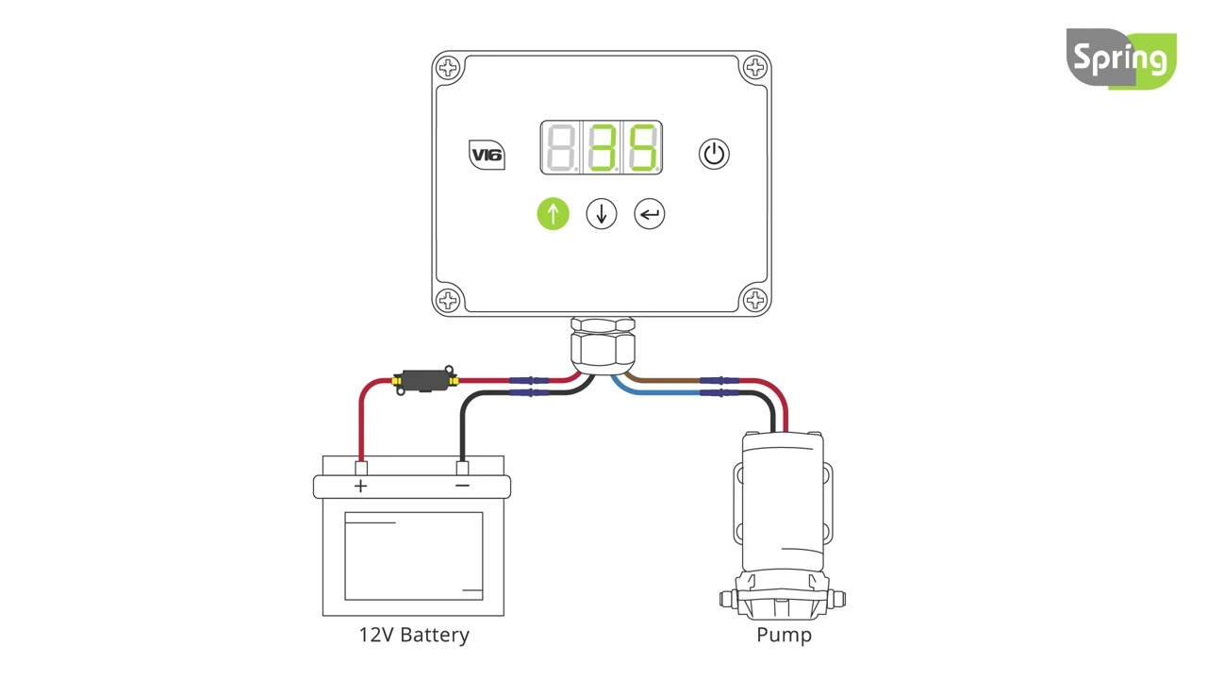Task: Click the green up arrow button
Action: pyautogui.click(x=554, y=214)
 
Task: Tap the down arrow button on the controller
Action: pyautogui.click(x=602, y=214)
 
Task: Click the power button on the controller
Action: pyautogui.click(x=714, y=154)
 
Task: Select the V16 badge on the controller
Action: pyautogui.click(x=487, y=155)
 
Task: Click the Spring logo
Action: pyautogui.click(x=1121, y=59)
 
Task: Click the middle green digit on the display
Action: pyautogui.click(x=602, y=148)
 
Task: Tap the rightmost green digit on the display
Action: pyautogui.click(x=642, y=148)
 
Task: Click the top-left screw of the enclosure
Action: pyautogui.click(x=449, y=68)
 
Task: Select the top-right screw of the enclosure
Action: pyautogui.click(x=754, y=68)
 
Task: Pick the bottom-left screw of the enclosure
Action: pyautogui.click(x=449, y=300)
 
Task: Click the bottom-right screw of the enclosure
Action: pyautogui.click(x=754, y=300)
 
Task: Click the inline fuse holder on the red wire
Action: pyautogui.click(x=424, y=380)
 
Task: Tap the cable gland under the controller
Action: pyautogui.click(x=602, y=347)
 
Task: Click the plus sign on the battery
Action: pyautogui.click(x=360, y=487)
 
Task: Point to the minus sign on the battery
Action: pyautogui.click(x=462, y=487)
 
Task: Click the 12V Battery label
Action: pyautogui.click(x=413, y=635)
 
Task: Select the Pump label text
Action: pyautogui.click(x=784, y=635)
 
